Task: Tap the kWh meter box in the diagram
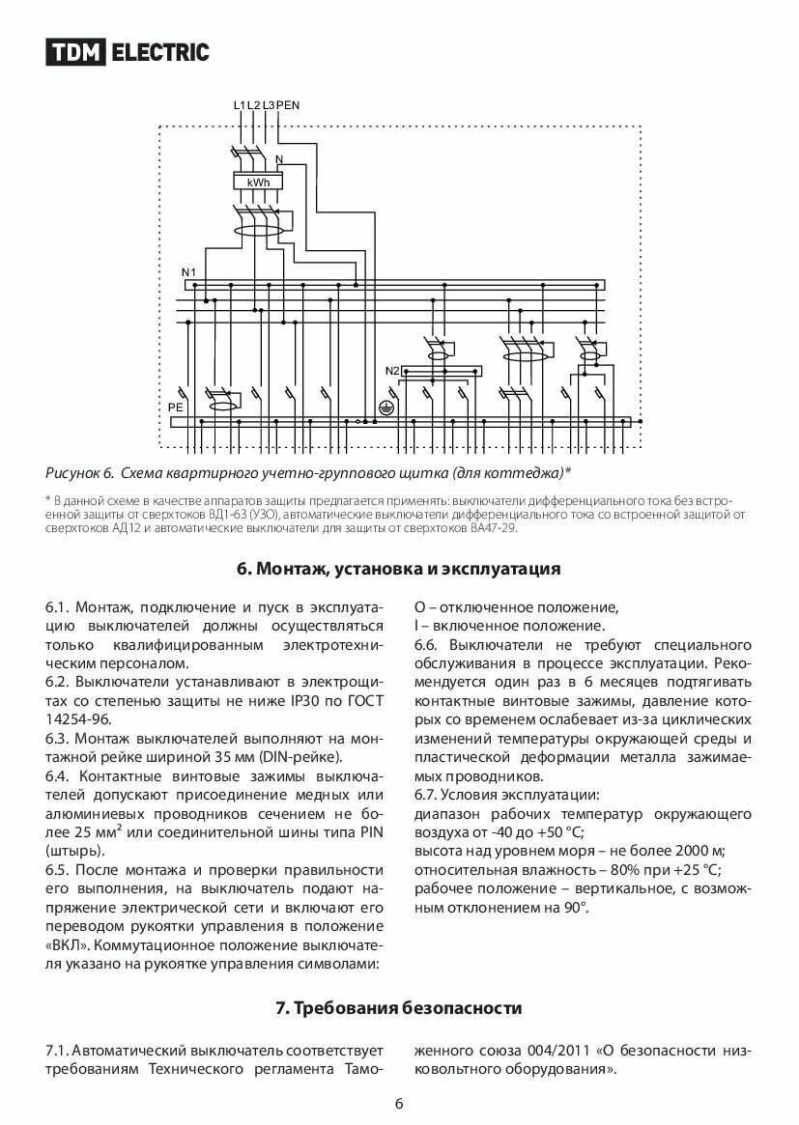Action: (x=258, y=182)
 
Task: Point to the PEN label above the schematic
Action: (x=289, y=104)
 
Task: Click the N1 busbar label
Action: (x=188, y=271)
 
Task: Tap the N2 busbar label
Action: (x=391, y=371)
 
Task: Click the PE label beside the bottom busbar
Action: (x=175, y=408)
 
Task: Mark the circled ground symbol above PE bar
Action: (x=384, y=408)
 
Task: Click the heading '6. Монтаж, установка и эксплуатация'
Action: (x=399, y=569)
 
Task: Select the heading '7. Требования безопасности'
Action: (x=399, y=1008)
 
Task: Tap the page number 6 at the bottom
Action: (x=399, y=1105)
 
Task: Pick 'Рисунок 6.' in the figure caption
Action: (x=80, y=473)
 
